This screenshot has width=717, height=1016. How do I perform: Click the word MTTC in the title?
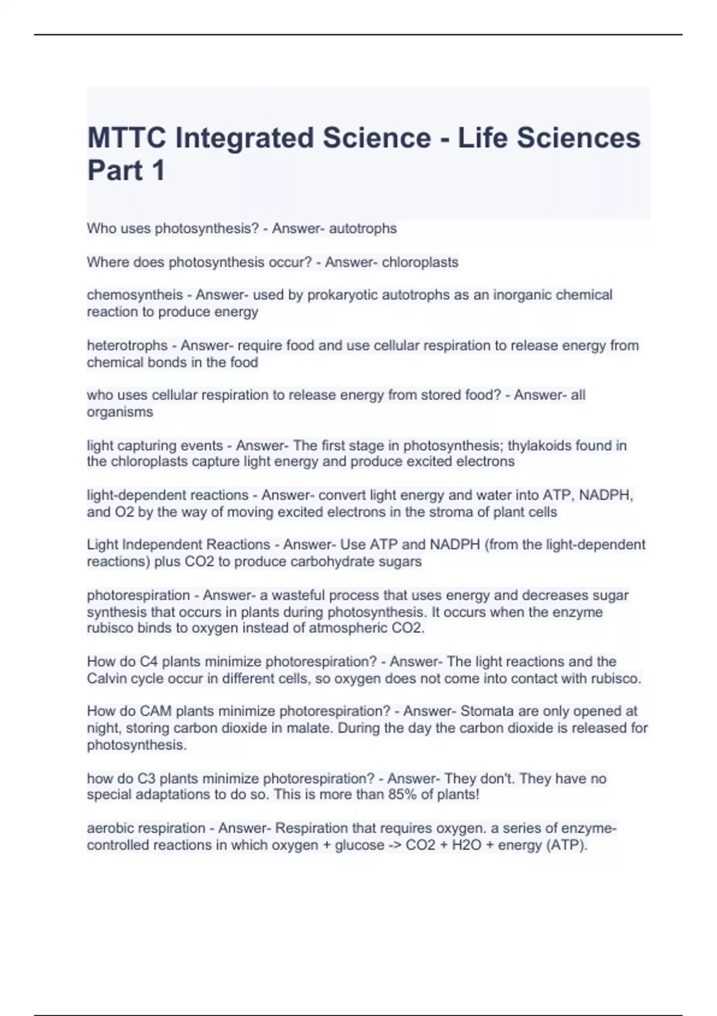pos(125,138)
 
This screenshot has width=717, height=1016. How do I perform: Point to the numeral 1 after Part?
pos(158,170)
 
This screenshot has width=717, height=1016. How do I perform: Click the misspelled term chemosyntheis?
pos(135,295)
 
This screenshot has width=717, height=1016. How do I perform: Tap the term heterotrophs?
pos(127,345)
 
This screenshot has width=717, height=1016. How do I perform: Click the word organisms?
pos(120,412)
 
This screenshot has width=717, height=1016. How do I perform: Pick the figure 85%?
pos(390,795)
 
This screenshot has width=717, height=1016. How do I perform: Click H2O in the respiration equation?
pos(464,845)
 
